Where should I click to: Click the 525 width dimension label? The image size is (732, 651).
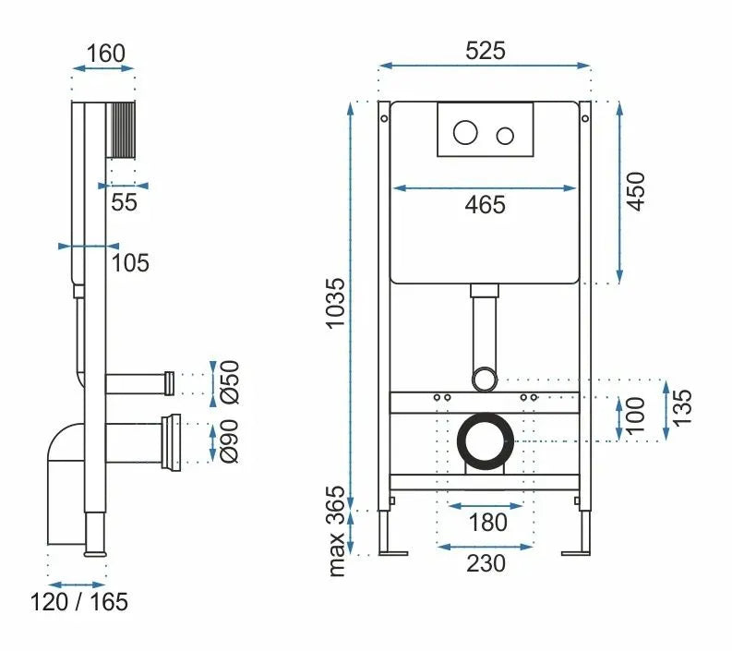tap(485, 51)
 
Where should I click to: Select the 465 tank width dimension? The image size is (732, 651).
tap(485, 204)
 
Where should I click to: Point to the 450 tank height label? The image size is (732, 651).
tap(636, 191)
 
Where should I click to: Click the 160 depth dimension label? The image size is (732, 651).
tap(104, 53)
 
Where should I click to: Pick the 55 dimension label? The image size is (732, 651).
tap(123, 202)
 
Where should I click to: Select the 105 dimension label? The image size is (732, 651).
tap(130, 263)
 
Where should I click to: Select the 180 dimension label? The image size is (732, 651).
tap(486, 522)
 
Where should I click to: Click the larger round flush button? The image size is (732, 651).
tap(465, 135)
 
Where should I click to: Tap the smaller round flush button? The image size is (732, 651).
tap(504, 136)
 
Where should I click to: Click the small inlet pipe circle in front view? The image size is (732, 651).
tap(484, 377)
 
